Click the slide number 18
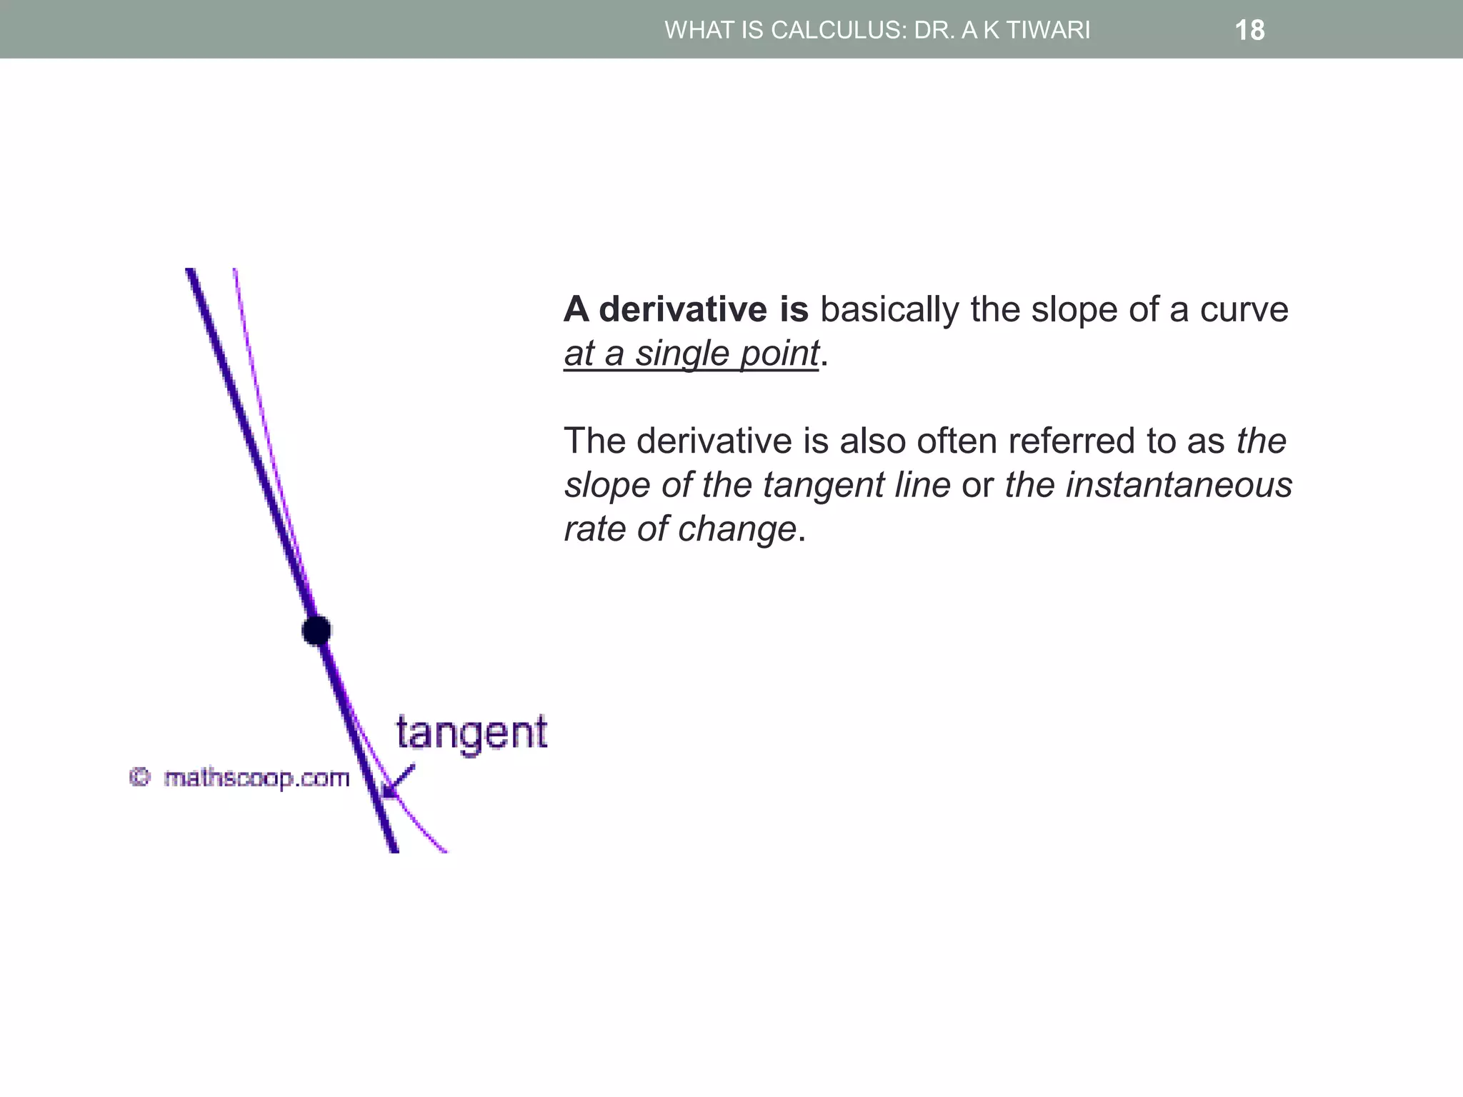coord(1249,31)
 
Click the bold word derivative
coord(683,309)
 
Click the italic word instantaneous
coord(1179,485)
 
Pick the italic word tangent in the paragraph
coord(824,485)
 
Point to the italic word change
coord(737,529)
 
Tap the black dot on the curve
coord(316,631)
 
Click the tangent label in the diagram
coord(471,733)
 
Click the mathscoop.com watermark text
coord(256,778)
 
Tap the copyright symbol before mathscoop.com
coord(140,777)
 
